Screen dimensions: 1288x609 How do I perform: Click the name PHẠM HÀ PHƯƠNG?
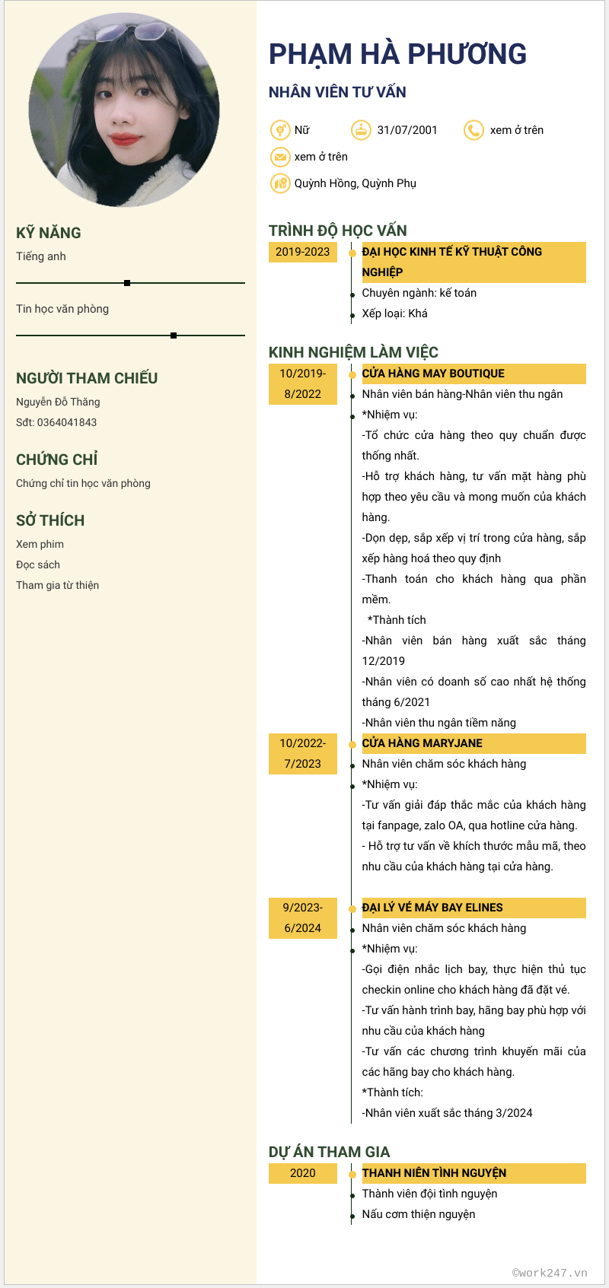(397, 54)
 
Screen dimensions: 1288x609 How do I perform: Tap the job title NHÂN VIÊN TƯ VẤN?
(337, 92)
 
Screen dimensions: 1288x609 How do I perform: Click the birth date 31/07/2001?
(407, 130)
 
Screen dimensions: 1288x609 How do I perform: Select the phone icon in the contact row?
(473, 130)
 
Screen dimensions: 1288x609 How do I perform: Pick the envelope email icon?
(280, 157)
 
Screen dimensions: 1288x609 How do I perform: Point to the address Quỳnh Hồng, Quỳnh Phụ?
(355, 183)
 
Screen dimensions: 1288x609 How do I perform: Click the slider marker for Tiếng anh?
(127, 283)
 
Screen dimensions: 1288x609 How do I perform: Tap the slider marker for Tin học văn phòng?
(174, 336)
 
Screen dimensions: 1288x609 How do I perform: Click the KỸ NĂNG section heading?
(49, 233)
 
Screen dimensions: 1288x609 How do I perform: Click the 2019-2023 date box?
(302, 252)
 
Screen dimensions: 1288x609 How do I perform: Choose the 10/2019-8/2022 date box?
(302, 383)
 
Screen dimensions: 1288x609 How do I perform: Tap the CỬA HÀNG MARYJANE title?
(422, 743)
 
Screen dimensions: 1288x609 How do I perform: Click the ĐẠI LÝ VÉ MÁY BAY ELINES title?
(432, 908)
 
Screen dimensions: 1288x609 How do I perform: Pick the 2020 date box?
(302, 1173)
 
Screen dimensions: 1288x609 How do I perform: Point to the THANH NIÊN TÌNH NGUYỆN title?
(434, 1173)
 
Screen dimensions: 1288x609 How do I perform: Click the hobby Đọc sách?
(38, 564)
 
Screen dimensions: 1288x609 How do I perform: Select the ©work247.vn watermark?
(550, 1272)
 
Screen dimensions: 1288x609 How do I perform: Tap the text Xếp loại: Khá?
(394, 313)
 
